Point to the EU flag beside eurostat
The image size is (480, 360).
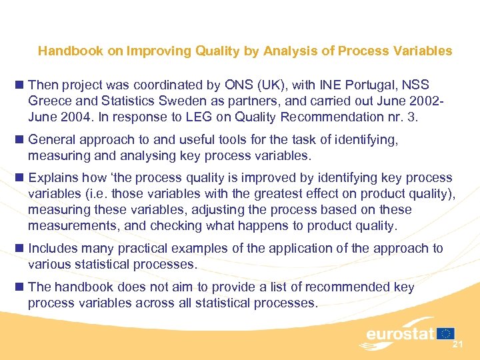[447, 333]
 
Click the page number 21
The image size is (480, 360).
[458, 345]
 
